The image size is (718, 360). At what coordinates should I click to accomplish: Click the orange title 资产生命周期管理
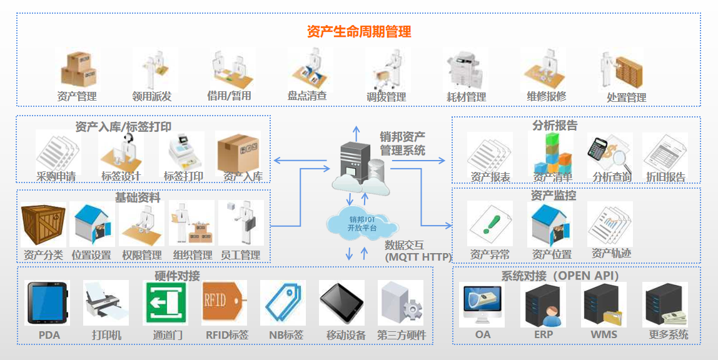tap(359, 32)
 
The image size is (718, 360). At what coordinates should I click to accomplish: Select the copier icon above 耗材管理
tap(466, 70)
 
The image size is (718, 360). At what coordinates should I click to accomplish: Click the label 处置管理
tap(626, 97)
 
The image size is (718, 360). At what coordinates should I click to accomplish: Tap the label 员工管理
tap(241, 255)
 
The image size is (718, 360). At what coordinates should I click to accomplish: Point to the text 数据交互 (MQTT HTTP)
tap(418, 251)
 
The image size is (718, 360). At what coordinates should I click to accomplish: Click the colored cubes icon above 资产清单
tap(550, 152)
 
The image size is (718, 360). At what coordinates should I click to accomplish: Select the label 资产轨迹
tap(610, 254)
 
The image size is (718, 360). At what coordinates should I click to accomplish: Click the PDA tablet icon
tap(47, 302)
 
